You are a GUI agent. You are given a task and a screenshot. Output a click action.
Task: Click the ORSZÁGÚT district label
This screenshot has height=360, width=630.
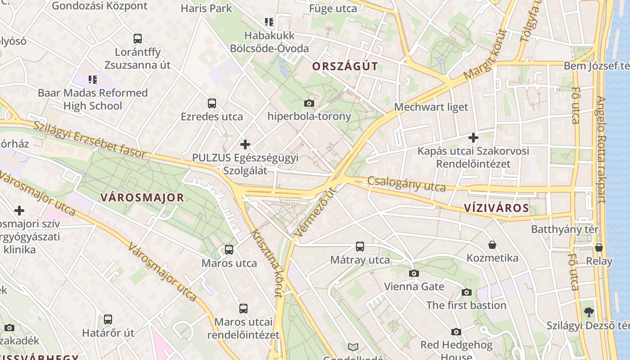point(345,67)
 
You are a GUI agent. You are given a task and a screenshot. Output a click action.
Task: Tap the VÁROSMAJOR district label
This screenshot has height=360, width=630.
point(142,198)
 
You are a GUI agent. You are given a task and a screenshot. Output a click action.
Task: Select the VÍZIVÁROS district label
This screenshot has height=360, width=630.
point(496,208)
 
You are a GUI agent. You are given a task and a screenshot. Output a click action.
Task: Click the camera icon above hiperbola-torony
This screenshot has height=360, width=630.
point(309,103)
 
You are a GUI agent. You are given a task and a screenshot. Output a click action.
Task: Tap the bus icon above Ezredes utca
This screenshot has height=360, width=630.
point(212,103)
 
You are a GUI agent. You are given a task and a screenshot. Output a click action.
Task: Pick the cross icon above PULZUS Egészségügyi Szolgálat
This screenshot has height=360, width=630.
point(245,144)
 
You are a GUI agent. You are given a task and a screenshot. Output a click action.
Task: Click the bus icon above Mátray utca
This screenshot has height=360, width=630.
point(360,247)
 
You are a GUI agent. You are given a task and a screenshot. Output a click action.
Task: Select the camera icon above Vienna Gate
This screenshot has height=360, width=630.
point(414,273)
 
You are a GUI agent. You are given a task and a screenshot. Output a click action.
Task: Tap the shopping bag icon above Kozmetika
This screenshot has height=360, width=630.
point(492,245)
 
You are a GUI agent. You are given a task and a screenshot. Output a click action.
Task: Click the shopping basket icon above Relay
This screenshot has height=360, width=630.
point(599,248)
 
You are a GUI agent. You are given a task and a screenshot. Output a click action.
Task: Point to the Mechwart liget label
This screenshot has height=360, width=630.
point(431,107)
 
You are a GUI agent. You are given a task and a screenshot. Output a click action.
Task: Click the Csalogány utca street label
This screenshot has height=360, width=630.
point(406,184)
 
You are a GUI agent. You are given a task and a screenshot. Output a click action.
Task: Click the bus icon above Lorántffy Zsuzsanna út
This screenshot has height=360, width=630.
point(138,39)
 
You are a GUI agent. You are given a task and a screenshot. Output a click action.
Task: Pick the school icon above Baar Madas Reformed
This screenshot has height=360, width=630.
point(93,80)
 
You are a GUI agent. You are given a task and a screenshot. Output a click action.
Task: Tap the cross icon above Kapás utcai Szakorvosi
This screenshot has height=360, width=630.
point(473,138)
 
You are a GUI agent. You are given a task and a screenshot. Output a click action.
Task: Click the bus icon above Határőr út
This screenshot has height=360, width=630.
point(108,319)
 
